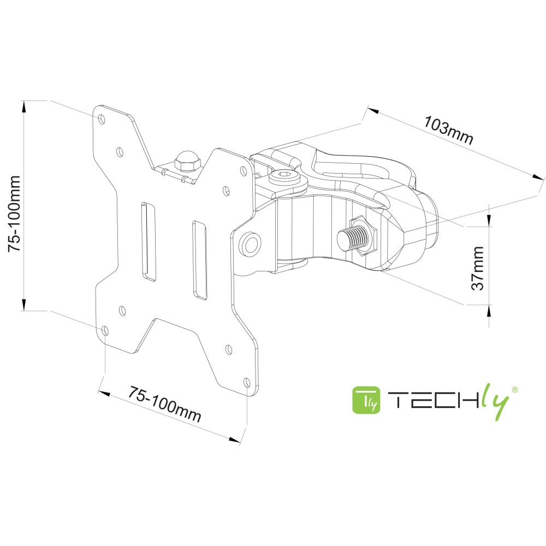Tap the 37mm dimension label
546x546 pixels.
[478, 268]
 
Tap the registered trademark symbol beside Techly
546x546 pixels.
[514, 389]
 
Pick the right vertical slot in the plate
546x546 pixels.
[199, 259]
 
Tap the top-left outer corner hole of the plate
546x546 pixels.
[102, 118]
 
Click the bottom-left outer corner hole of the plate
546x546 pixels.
[105, 331]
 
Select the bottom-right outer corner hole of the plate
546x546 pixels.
[246, 382]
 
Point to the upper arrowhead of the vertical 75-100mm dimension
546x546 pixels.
[24, 106]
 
